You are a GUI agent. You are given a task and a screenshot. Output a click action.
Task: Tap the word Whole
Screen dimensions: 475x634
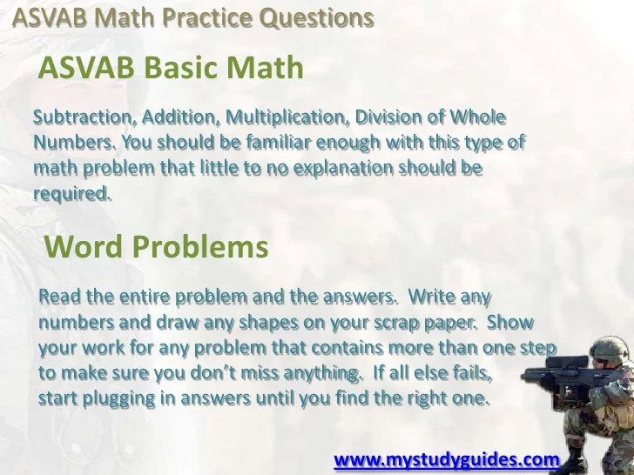(x=476, y=117)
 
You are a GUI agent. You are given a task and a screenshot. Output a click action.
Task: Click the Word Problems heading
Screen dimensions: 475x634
(x=155, y=248)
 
